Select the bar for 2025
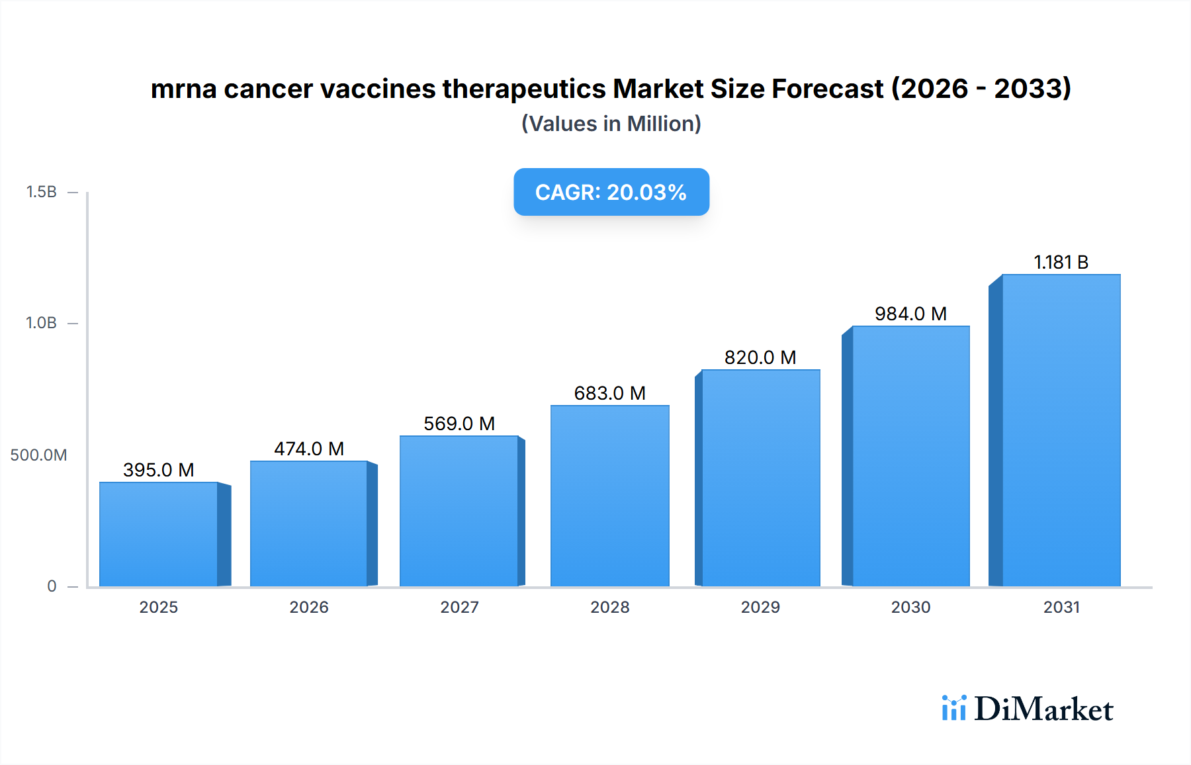[x=159, y=534]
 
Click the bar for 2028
[x=610, y=496]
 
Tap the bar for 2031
[x=1061, y=430]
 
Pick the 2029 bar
[x=761, y=478]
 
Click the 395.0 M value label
[x=159, y=470]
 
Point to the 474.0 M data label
[x=309, y=449]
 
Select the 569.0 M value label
[x=459, y=424]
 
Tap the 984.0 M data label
[x=910, y=314]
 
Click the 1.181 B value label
[x=1061, y=262]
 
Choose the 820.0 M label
[x=760, y=357]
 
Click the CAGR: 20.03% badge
[x=611, y=192]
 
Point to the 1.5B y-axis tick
[x=41, y=192]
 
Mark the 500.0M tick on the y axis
[x=38, y=455]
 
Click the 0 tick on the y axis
[x=52, y=586]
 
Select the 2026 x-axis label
[x=309, y=607]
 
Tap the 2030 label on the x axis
[x=910, y=607]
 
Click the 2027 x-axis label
[x=459, y=607]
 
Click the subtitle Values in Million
[x=611, y=124]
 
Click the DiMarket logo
[x=1028, y=709]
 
